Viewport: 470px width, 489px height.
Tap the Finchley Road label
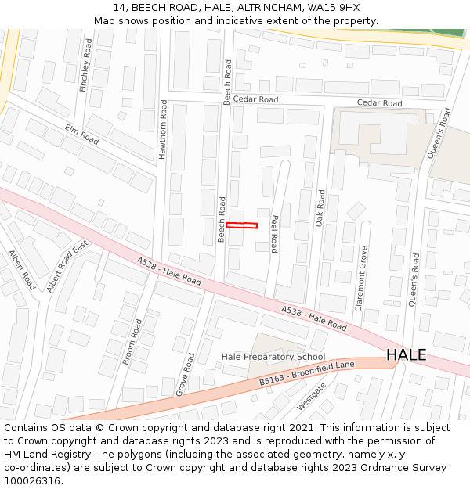(x=86, y=65)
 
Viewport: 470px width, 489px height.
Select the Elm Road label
(x=81, y=134)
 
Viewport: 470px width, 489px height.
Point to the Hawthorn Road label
(x=163, y=130)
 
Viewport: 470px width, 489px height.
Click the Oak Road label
(x=320, y=208)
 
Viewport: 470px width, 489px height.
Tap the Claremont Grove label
(x=362, y=279)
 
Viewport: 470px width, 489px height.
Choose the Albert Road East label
(x=67, y=267)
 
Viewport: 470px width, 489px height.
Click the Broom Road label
(x=132, y=341)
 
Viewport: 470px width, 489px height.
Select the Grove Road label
(x=185, y=373)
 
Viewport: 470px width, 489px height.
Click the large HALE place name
(x=406, y=355)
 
